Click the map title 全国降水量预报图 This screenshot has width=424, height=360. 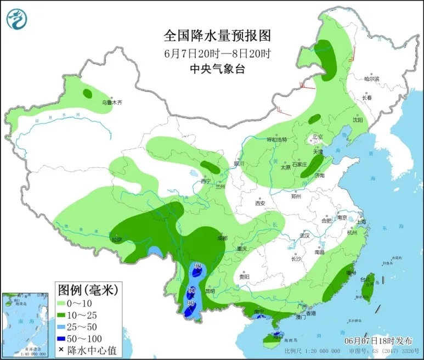(x=217, y=36)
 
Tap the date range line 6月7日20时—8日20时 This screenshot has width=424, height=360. (x=217, y=54)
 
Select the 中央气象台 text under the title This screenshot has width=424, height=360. (x=217, y=69)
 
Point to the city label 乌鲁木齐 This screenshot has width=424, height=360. (x=110, y=102)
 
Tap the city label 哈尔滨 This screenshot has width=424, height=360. (x=371, y=79)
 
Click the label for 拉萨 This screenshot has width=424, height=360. (x=116, y=239)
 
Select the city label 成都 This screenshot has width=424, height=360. (x=222, y=238)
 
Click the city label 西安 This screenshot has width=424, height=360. (x=259, y=203)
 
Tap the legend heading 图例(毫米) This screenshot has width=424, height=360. (x=88, y=289)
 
